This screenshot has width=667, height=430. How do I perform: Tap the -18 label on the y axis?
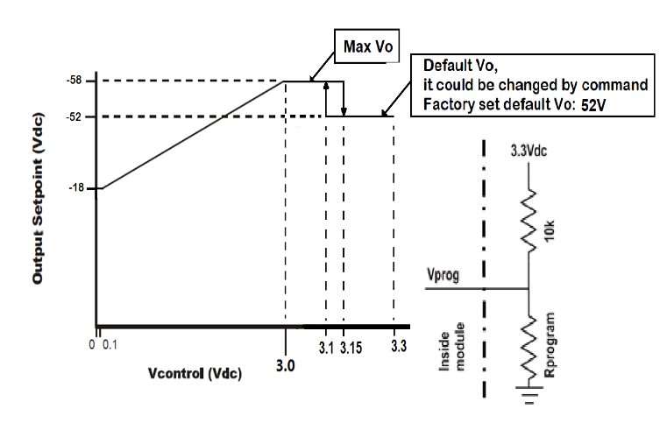click(77, 187)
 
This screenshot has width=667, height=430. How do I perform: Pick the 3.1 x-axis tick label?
click(326, 349)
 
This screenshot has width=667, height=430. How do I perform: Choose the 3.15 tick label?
click(350, 349)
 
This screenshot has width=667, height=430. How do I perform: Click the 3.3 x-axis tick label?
click(397, 349)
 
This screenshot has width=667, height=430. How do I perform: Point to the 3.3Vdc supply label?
click(530, 150)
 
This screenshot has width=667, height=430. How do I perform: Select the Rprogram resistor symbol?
click(529, 345)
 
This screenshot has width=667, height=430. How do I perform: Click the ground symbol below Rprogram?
click(529, 391)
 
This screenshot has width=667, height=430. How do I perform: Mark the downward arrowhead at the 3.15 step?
click(344, 112)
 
